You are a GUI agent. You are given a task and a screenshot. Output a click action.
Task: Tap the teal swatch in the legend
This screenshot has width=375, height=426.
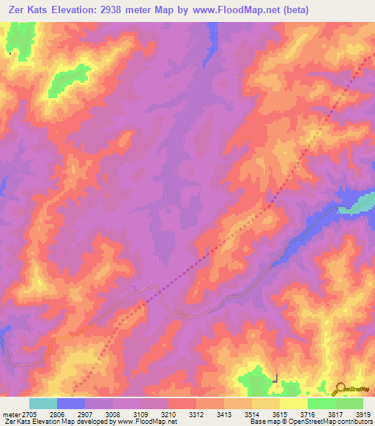[42, 403]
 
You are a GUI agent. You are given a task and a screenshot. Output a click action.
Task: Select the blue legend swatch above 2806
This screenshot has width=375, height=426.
[70, 403]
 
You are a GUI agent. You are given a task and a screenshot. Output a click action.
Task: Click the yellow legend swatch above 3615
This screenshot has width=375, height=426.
[293, 403]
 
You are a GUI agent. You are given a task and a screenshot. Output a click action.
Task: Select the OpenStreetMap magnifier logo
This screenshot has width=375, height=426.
[338, 388]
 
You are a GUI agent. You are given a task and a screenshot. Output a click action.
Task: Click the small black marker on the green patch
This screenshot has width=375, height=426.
[275, 379]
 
